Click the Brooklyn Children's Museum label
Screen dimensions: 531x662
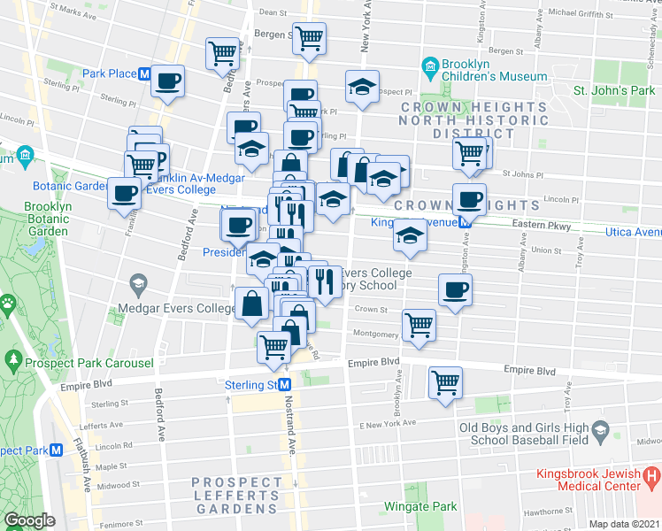point(496,70)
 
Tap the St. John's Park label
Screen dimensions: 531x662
point(614,91)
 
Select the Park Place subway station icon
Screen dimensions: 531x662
point(143,73)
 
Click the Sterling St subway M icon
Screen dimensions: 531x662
point(285,385)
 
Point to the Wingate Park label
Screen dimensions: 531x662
point(420,507)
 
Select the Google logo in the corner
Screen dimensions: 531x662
point(29,520)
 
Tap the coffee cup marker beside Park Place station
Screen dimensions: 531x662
point(167,81)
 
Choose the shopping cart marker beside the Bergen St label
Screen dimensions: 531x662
point(310,37)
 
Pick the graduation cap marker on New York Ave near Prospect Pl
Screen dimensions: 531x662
point(362,87)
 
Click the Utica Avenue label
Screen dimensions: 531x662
point(632,231)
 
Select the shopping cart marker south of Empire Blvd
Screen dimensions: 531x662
point(445,383)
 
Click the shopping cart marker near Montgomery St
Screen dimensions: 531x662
point(419,324)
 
